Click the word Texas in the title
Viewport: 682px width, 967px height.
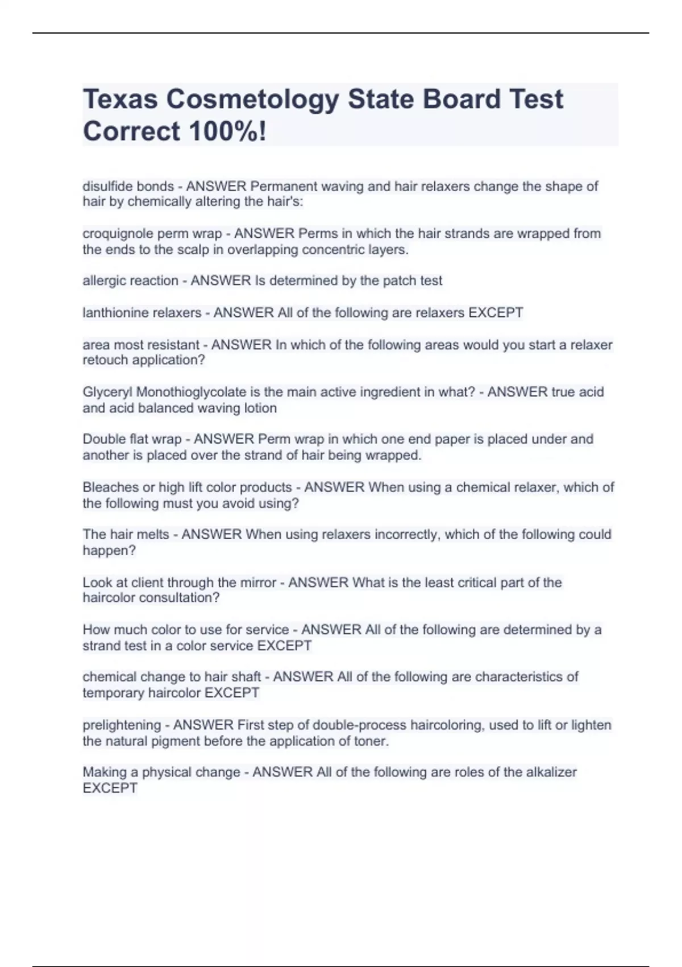pos(120,100)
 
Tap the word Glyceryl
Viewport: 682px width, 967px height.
pos(107,392)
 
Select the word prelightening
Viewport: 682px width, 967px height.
pos(121,725)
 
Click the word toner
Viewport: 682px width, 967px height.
pos(372,741)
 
